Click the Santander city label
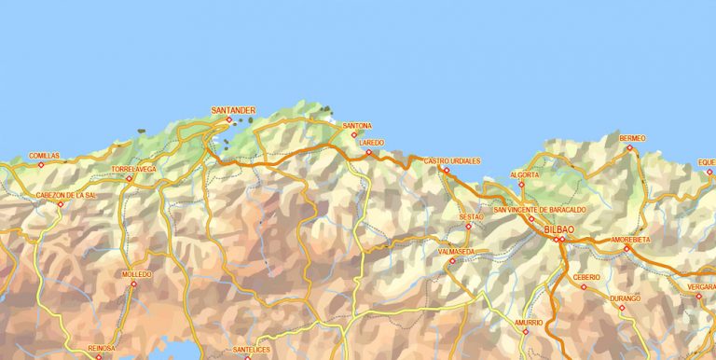pyautogui.click(x=232, y=110)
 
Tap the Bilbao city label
pyautogui.click(x=558, y=229)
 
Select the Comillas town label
pyautogui.click(x=44, y=156)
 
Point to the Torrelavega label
pyautogui.click(x=133, y=169)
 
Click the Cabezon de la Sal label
pyautogui.click(x=65, y=195)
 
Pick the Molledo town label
pyautogui.click(x=136, y=274)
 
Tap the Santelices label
pyautogui.click(x=251, y=349)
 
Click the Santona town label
pyautogui.click(x=357, y=126)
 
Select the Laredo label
pyautogui.click(x=371, y=143)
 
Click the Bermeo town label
pyautogui.click(x=632, y=138)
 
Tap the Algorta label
pyautogui.click(x=524, y=174)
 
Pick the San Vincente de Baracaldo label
pyautogui.click(x=540, y=210)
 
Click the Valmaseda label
pyautogui.click(x=456, y=252)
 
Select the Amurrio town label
pyautogui.click(x=528, y=322)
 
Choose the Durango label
pyautogui.click(x=625, y=298)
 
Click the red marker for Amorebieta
pyautogui.click(x=626, y=248)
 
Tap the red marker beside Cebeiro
pyautogui.click(x=585, y=286)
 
